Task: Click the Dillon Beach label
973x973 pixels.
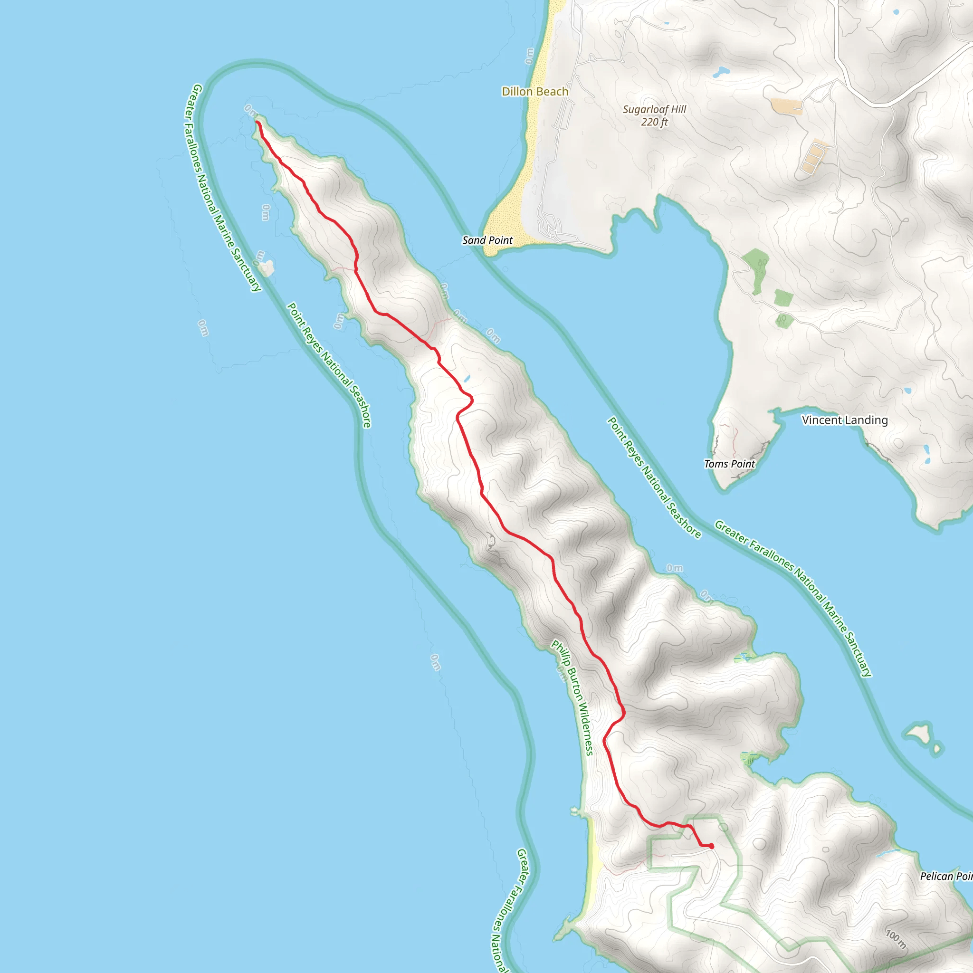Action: [535, 92]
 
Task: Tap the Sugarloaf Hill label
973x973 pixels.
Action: [654, 109]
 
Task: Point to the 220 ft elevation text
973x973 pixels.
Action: [654, 122]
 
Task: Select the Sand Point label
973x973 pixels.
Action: [487, 240]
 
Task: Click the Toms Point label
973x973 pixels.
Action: [729, 464]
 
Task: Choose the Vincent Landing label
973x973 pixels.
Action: [845, 420]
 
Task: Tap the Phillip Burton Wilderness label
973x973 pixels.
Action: [572, 697]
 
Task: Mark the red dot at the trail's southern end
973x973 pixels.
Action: [711, 846]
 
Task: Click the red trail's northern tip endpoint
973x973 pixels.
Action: [258, 123]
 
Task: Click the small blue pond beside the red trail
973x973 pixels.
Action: [467, 378]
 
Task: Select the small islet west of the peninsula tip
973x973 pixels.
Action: [267, 267]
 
